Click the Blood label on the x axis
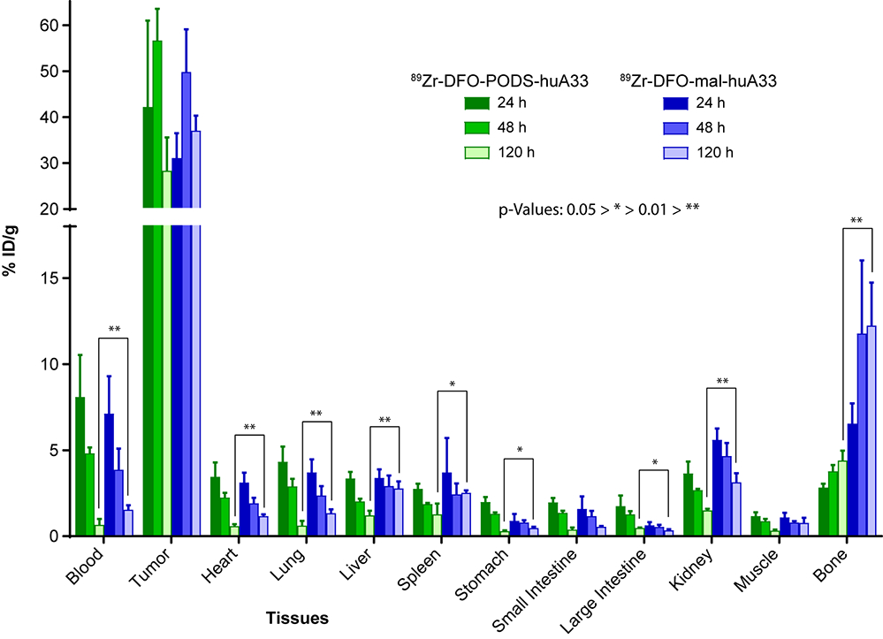88,567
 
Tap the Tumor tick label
156,567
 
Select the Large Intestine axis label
610,587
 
